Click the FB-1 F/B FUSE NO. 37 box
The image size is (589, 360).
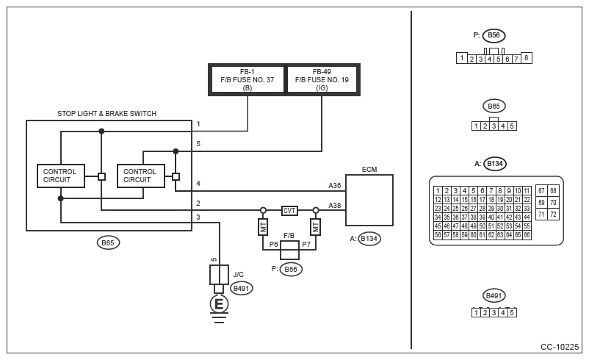[247, 79]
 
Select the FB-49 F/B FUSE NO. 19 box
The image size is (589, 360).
[322, 79]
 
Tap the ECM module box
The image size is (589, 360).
[369, 200]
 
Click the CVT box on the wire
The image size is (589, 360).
[289, 210]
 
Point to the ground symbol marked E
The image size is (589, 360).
[219, 303]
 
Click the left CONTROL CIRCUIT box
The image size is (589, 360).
[61, 176]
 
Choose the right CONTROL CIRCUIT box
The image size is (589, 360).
[141, 176]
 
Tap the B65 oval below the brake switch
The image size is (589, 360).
[108, 242]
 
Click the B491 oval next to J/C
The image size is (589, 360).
[241, 288]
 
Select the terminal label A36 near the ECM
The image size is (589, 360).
[335, 186]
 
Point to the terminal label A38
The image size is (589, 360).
[335, 206]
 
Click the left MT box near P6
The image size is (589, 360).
[263, 227]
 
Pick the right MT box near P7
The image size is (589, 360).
[316, 227]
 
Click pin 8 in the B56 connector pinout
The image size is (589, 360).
[527, 58]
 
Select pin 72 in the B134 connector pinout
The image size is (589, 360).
[553, 215]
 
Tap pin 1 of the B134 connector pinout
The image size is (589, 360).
[438, 191]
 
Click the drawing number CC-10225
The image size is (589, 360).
[560, 347]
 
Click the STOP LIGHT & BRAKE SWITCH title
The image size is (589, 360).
[106, 113]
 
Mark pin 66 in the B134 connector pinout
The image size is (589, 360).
[527, 235]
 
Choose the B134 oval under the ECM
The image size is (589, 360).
[369, 239]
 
